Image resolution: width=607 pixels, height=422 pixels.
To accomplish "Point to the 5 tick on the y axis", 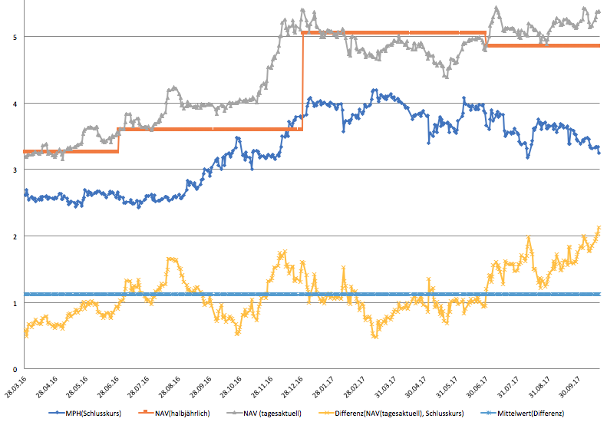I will point(15,37).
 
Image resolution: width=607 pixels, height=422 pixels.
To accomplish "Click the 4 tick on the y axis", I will point(15,104).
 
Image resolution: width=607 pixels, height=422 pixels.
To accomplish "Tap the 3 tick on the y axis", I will point(15,170).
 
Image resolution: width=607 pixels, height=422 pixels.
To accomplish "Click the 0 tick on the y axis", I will point(15,369).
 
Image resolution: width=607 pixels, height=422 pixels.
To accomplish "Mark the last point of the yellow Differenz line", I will point(599,227).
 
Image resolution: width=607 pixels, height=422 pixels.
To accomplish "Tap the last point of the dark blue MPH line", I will point(599,152).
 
